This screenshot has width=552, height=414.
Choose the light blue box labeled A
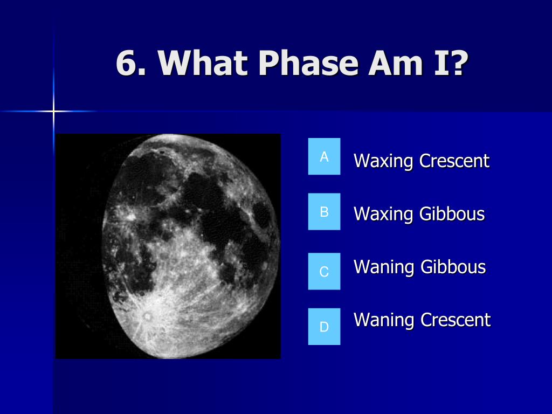[324, 156]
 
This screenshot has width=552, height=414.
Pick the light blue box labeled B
[324, 211]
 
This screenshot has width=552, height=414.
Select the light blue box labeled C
[324, 271]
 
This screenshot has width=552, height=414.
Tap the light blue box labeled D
[324, 326]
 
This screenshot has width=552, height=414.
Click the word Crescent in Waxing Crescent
[454, 161]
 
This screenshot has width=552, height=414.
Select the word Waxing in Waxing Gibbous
[383, 215]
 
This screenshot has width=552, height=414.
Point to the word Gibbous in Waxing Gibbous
[452, 213]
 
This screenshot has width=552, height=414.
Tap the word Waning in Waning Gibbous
[384, 267]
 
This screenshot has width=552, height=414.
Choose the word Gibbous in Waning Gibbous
[453, 266]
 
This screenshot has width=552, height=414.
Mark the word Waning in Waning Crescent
[384, 320]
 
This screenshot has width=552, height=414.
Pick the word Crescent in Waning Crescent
[456, 320]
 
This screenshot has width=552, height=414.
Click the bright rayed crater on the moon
[147, 316]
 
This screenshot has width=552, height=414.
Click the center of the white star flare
[53, 112]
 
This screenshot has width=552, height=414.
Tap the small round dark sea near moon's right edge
[261, 215]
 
